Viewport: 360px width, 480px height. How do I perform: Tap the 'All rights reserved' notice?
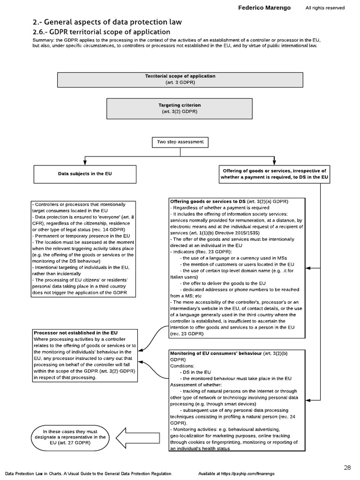(325, 8)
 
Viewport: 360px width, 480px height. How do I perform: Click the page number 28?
(347, 467)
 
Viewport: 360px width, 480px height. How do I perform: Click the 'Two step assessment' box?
(180, 142)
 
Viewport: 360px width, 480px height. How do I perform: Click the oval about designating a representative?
(70, 437)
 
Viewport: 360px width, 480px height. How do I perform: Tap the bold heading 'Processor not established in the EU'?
(75, 333)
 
